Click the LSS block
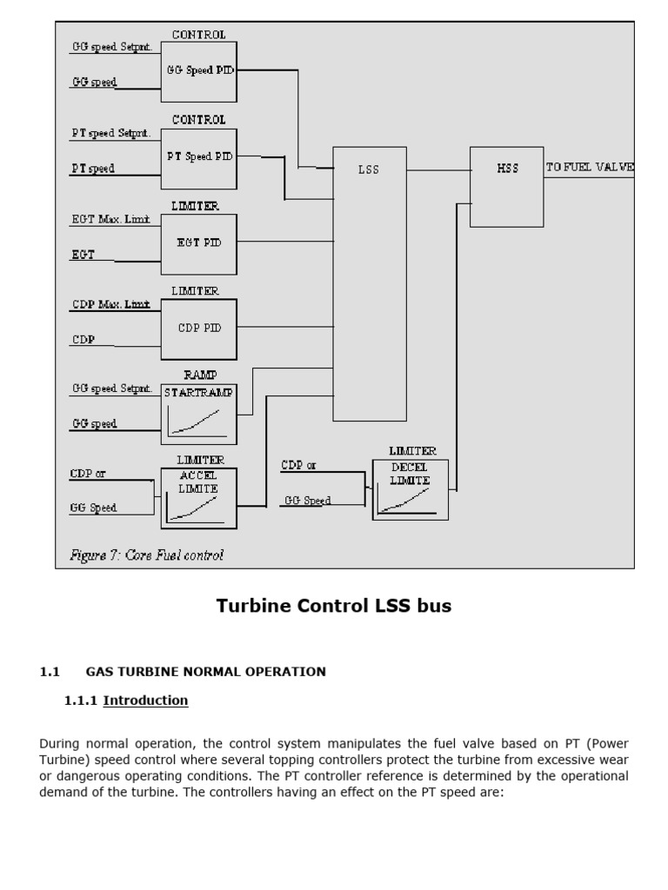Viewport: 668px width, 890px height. [370, 283]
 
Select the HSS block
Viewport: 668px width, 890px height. [507, 187]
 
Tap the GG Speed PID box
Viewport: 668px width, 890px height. [199, 70]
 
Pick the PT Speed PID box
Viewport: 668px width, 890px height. [199, 157]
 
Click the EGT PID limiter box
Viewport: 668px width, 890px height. [199, 243]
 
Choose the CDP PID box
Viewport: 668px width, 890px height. [199, 329]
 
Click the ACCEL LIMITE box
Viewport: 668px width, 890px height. [198, 498]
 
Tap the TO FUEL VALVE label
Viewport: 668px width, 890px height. [590, 167]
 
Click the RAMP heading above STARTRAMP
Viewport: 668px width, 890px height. [199, 375]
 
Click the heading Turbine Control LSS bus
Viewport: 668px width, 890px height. [334, 607]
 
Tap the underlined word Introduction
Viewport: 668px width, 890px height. [145, 701]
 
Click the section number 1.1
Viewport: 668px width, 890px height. [49, 672]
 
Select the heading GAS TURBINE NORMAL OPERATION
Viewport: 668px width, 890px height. [206, 672]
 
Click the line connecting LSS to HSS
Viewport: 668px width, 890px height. [438, 170]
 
